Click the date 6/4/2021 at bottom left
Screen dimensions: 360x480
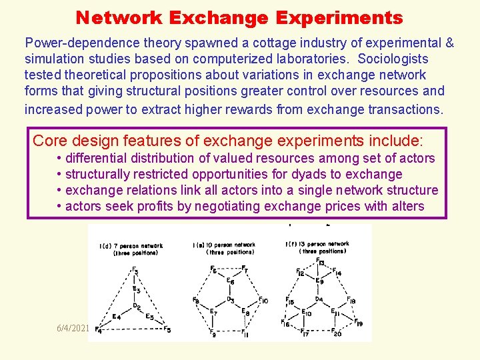coord(72,329)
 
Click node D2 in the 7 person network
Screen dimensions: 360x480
coord(137,306)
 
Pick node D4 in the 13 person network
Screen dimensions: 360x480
coord(319,299)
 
